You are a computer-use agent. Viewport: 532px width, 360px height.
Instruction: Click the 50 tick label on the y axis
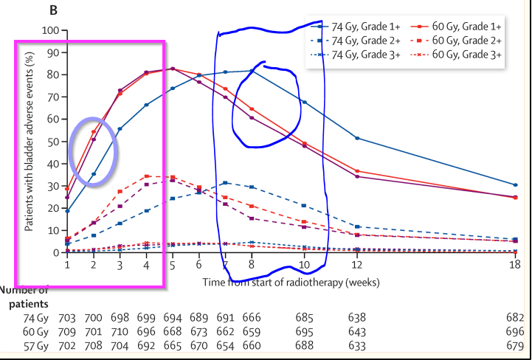tap(52, 142)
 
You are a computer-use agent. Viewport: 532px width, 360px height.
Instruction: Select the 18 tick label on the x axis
tap(515, 264)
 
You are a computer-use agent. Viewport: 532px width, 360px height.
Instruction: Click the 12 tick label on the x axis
tap(357, 264)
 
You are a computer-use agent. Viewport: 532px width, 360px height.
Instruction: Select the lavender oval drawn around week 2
tap(93, 146)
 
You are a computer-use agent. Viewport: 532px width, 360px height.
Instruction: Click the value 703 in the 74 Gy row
tap(67, 317)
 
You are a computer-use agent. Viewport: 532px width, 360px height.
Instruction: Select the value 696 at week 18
tap(515, 330)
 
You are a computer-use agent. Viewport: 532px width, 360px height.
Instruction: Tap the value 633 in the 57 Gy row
tap(357, 344)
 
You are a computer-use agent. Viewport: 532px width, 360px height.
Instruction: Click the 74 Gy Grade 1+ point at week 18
tap(515, 184)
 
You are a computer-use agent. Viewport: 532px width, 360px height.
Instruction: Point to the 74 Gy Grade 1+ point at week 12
tap(357, 138)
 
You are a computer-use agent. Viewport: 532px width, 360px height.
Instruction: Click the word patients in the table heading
tap(29, 303)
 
